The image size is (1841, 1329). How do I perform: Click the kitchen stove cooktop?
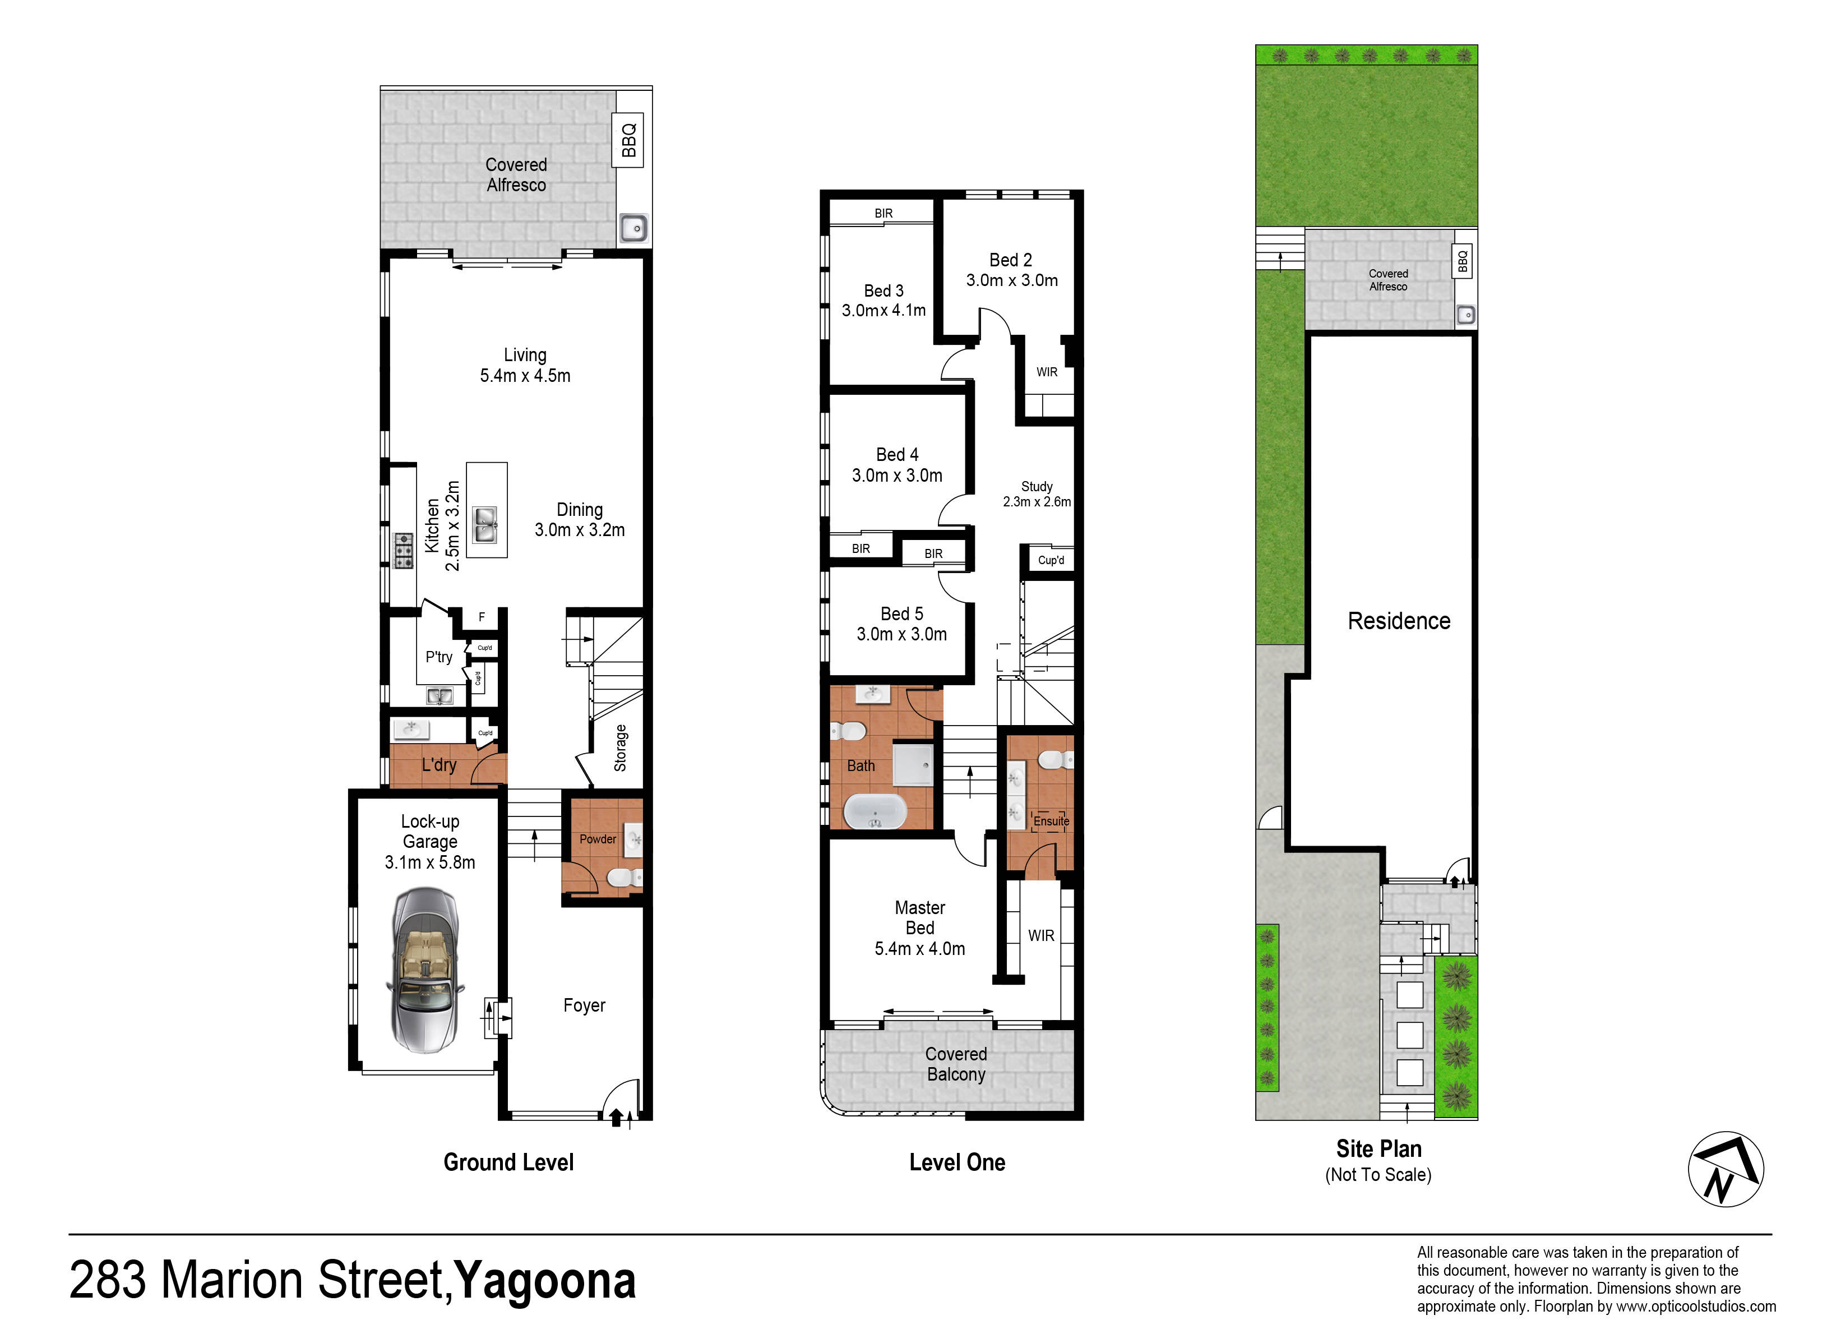[404, 551]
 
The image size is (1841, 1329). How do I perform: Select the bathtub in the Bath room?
[875, 811]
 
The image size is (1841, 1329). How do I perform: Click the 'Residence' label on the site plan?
[1399, 621]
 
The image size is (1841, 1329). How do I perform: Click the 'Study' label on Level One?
[1037, 486]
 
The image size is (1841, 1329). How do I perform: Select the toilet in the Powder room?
[625, 878]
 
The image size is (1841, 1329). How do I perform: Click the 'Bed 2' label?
[1011, 260]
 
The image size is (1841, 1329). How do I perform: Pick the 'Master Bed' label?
[920, 917]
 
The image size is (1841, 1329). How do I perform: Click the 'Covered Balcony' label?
[956, 1064]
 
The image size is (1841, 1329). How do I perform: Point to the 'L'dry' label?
[439, 765]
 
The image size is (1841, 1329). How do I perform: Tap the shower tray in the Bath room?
[913, 765]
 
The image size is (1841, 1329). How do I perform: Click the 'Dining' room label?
[580, 510]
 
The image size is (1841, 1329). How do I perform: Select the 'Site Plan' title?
[1379, 1149]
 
